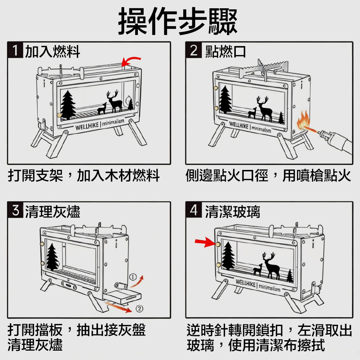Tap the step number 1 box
point(15,51)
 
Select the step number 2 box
point(194,51)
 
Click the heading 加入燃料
point(52,52)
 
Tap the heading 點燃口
point(226,52)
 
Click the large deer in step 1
point(115,102)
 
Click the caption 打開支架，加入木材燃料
point(84,176)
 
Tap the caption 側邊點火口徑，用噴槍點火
point(268,176)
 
